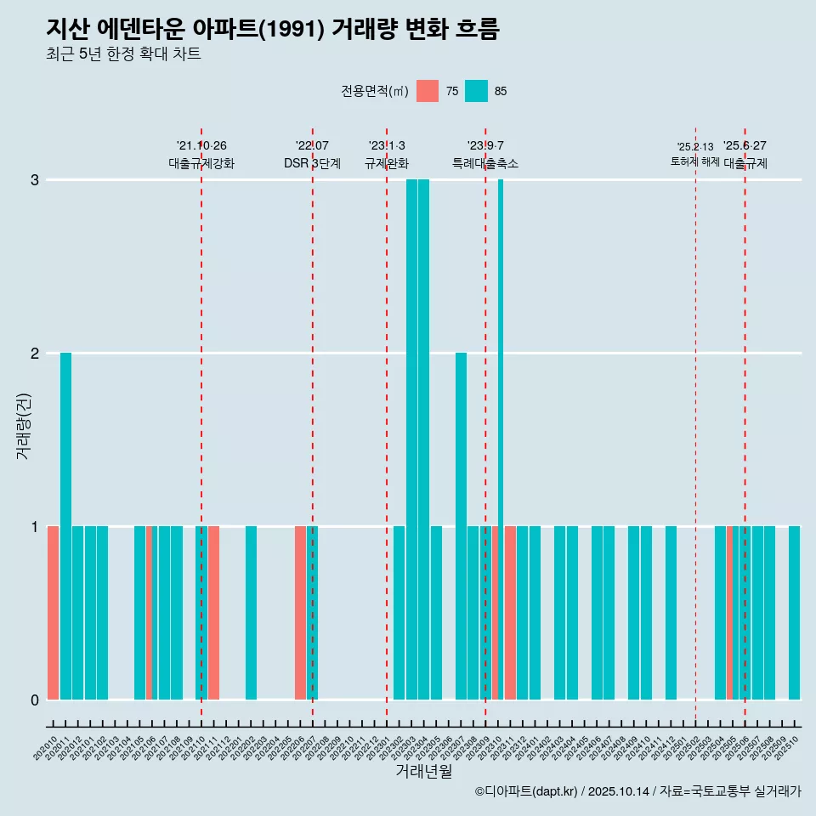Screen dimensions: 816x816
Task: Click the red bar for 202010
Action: click(53, 612)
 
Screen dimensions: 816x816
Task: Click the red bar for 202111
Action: click(214, 612)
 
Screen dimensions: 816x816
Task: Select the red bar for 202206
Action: click(300, 612)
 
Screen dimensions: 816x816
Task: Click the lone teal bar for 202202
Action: click(251, 612)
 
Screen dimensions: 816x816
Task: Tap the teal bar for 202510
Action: click(794, 612)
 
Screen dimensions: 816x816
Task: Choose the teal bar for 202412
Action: click(671, 612)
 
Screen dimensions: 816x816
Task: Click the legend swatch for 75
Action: click(428, 91)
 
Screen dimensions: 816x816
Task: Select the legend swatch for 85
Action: click(477, 91)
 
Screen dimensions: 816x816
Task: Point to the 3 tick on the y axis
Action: click(35, 179)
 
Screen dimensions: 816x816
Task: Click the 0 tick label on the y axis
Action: click(35, 700)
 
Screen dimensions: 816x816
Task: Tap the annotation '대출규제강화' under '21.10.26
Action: click(201, 163)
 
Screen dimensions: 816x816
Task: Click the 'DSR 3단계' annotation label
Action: click(312, 163)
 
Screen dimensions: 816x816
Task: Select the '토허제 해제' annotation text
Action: click(695, 161)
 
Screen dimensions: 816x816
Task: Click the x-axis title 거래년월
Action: click(423, 771)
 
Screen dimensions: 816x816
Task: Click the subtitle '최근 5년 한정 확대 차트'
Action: click(123, 54)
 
